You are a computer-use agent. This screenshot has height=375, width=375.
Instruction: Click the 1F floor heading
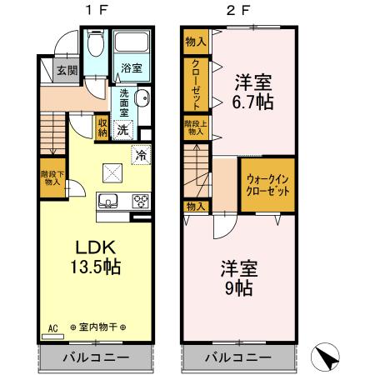[93, 12]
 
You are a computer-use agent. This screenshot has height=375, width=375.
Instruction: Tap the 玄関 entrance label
[67, 71]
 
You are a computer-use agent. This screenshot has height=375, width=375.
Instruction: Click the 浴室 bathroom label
[130, 67]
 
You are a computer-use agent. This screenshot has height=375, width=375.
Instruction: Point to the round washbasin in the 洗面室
[142, 97]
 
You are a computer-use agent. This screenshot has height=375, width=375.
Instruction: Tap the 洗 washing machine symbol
[123, 128]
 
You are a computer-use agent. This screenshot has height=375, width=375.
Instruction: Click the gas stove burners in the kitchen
[140, 200]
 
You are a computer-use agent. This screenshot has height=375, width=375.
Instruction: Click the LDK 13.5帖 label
[94, 257]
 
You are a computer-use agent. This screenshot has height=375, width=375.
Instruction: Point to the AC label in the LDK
[52, 326]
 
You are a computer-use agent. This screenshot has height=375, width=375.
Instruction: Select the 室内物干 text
[97, 327]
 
